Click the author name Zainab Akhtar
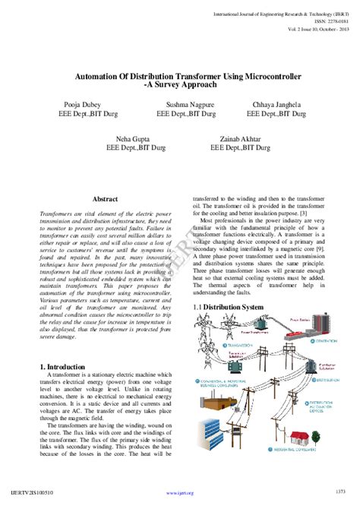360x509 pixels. coord(238,139)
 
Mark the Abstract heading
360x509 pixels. coord(99,198)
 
